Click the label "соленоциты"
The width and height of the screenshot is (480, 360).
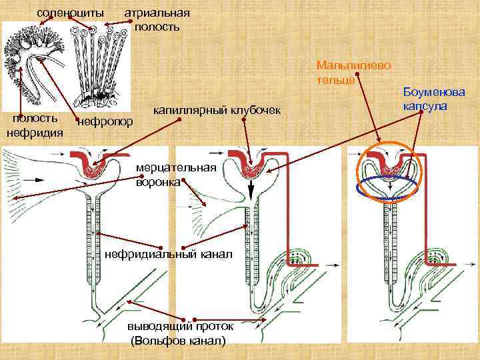point(70,13)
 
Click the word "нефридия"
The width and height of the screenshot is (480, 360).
point(35,132)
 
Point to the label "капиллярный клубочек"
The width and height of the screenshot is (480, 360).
point(217,109)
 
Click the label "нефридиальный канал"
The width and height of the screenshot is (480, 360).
point(169,254)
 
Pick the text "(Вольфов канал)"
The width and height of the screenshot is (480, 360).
point(179,341)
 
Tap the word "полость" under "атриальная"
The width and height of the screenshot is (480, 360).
point(157,27)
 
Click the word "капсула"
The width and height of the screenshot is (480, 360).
point(425,106)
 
